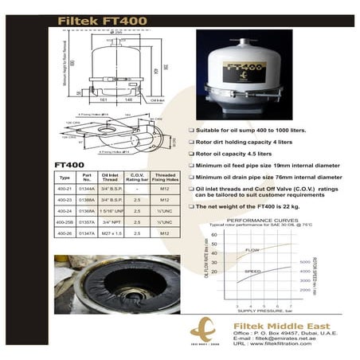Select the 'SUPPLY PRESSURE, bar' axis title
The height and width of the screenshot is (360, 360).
[263, 313]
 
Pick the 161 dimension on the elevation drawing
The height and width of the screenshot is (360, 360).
[104, 101]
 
